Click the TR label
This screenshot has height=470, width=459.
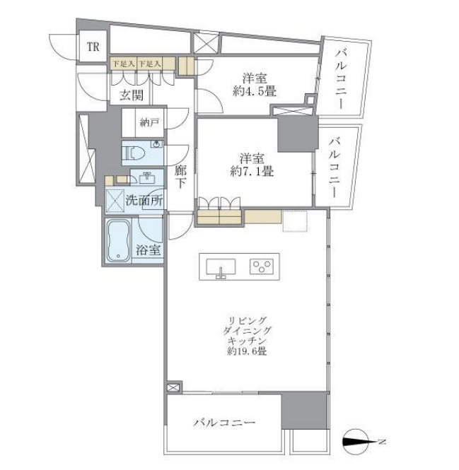pos(93,47)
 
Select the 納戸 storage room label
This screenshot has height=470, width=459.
pos(149,122)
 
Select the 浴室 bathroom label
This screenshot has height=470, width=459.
pos(148,249)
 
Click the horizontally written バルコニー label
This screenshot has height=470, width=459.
pos(225,423)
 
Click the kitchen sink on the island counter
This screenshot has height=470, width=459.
pos(221,266)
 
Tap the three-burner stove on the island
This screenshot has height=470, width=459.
pos(261,266)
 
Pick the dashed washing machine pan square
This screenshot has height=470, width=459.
pos(115,200)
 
